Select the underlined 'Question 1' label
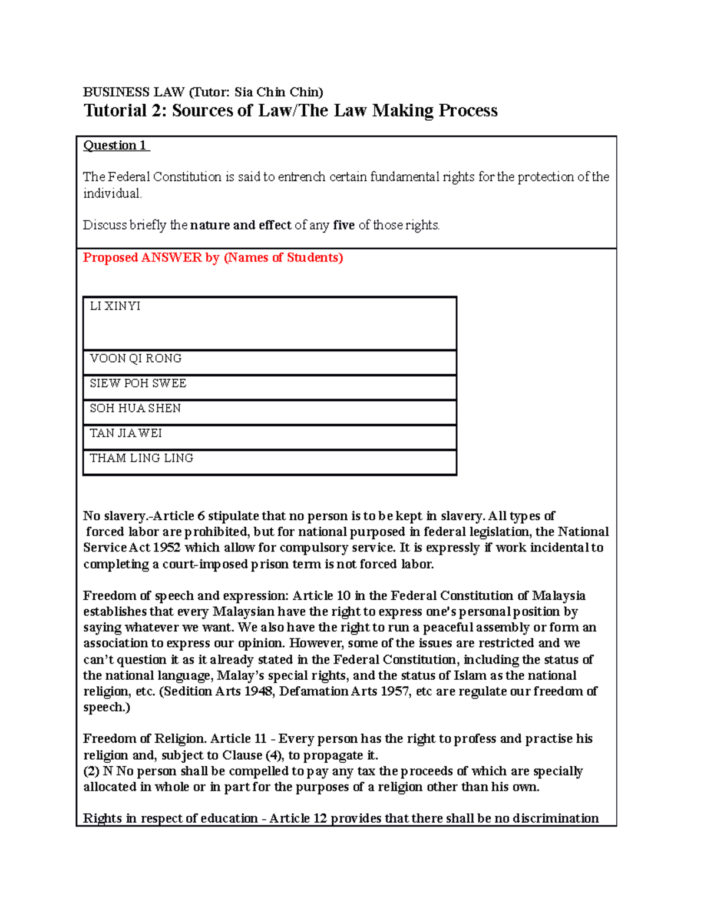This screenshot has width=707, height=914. tap(116, 145)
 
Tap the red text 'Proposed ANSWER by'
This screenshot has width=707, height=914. tap(151, 258)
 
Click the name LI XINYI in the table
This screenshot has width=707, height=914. tap(115, 306)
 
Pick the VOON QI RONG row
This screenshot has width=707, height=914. tap(136, 358)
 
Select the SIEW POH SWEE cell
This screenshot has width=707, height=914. tap(138, 383)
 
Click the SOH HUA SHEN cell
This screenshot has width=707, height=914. tap(135, 408)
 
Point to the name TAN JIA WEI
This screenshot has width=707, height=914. tap(125, 433)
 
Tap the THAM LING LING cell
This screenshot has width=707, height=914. tap(141, 458)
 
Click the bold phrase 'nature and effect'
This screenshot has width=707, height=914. tap(240, 225)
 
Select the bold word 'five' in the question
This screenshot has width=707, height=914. tap(344, 225)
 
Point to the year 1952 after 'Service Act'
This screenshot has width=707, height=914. tap(167, 548)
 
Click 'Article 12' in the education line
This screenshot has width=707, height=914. tap(298, 819)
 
